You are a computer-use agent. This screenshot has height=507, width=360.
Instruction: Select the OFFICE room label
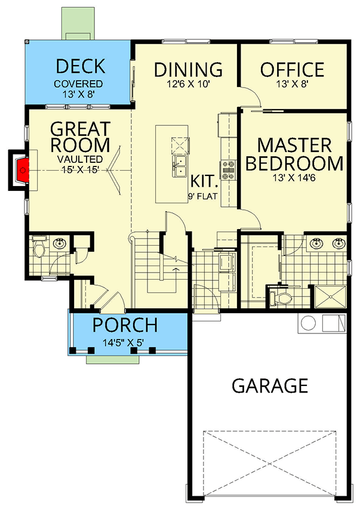292,69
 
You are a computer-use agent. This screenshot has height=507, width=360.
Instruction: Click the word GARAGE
270,385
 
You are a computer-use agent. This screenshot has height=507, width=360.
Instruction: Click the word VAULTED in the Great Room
80,159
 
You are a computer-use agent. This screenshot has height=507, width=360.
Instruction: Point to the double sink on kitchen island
179,167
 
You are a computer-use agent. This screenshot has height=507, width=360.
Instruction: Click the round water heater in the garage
307,324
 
